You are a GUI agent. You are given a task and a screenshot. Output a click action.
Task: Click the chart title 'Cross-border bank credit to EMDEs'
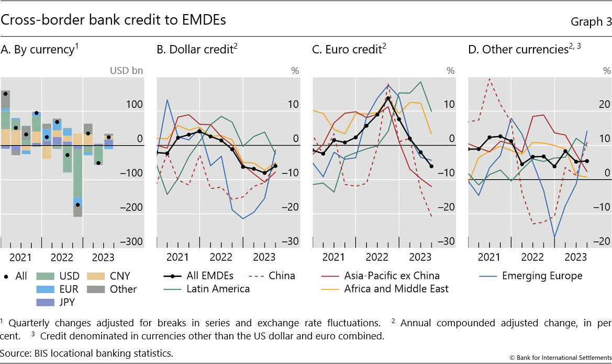click(114, 20)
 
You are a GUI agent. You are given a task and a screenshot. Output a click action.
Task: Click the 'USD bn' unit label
click(126, 70)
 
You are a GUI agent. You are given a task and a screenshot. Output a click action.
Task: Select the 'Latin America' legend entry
click(208, 289)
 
